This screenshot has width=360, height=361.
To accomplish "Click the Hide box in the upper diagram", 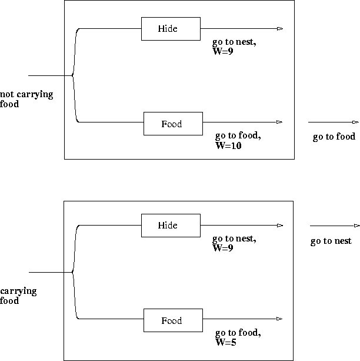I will [171, 29].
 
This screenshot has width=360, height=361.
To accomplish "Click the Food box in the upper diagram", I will [173, 124].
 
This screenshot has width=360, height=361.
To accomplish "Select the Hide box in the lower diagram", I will [171, 226].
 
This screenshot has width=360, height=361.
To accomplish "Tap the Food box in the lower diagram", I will [173, 320].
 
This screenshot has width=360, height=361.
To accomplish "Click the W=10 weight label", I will [228, 146].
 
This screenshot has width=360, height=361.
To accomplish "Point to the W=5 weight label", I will [226, 342].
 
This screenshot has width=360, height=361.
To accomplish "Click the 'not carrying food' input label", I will [26, 99].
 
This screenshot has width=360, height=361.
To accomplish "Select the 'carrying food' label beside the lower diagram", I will [18, 296].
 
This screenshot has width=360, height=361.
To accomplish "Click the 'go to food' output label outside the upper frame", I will [334, 137].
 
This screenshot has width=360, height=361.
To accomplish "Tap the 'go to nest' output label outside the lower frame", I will [331, 241].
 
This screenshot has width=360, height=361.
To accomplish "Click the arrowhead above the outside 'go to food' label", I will [355, 122].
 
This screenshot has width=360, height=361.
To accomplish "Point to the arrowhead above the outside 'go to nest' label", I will [356, 226].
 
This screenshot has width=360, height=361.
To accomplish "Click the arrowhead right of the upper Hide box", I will [280, 28].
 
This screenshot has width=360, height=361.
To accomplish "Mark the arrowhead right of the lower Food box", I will [280, 319].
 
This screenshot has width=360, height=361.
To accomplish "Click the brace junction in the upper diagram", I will [72, 75].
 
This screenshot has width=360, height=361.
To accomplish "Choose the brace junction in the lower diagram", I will [72, 272].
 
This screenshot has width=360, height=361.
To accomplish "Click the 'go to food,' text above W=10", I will [238, 136].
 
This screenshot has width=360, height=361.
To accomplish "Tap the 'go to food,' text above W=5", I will [238, 333].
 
